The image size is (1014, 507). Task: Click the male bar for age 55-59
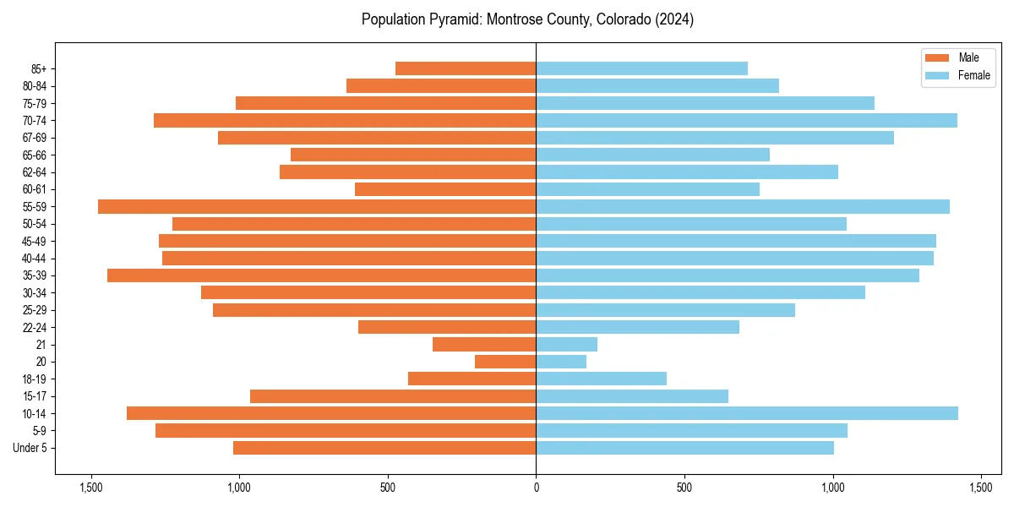point(317,206)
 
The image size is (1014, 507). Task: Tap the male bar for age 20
point(505,362)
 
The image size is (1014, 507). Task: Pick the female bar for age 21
point(566,345)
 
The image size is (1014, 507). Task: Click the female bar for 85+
point(641,68)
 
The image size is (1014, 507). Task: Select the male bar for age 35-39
point(321,275)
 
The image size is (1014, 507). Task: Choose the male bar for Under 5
point(384,448)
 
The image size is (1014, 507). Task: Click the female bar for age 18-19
point(601,379)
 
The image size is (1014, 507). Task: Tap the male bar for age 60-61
point(445,189)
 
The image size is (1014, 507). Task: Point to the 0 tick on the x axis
point(536,488)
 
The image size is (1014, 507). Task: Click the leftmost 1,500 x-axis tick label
point(90,488)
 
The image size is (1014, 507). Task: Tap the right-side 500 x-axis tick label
point(684,488)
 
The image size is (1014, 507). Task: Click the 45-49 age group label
point(35,241)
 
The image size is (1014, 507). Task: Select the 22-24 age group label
point(35,327)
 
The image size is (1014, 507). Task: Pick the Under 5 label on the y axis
point(30,448)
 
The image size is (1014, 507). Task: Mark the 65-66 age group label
point(35,155)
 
